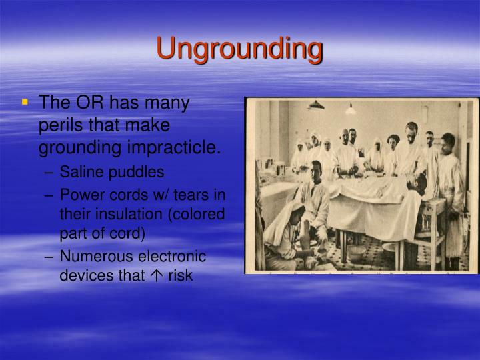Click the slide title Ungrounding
click(x=239, y=49)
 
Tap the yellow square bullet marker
click(x=25, y=103)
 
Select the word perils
click(x=61, y=125)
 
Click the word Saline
click(x=79, y=172)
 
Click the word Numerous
click(x=91, y=257)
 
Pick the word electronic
click(x=172, y=257)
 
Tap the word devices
click(x=82, y=274)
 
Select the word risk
click(x=179, y=274)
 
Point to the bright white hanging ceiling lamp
click(x=351, y=109)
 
